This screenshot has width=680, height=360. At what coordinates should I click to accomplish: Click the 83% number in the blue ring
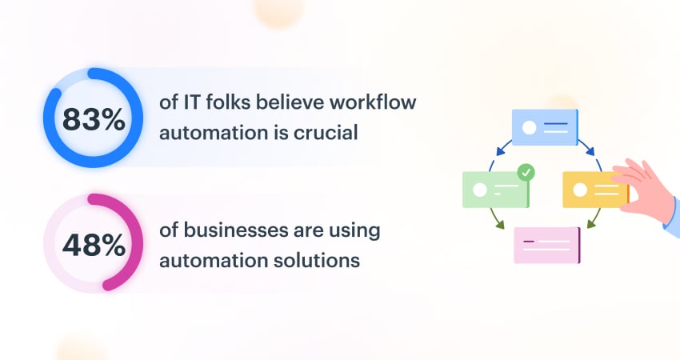(x=94, y=120)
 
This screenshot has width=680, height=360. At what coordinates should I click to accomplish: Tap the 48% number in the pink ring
(x=94, y=244)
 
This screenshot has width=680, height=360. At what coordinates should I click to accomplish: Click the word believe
(x=296, y=104)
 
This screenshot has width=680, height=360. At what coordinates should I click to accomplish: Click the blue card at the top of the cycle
(x=544, y=127)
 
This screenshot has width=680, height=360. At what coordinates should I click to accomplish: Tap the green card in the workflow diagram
(x=495, y=190)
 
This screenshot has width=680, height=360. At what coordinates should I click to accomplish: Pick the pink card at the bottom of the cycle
(x=546, y=245)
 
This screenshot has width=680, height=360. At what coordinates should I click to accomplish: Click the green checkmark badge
(x=526, y=171)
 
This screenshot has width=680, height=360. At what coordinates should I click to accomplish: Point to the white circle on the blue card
(x=528, y=127)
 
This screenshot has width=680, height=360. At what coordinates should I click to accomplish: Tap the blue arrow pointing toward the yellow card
(x=587, y=147)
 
